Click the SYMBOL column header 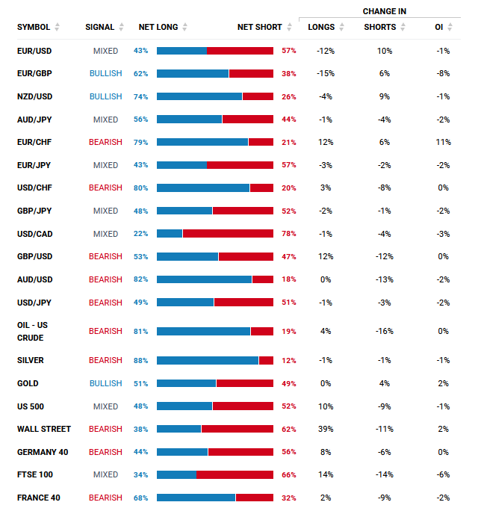tap(34, 27)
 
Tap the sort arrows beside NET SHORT tap(289, 27)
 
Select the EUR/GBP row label tap(34, 73)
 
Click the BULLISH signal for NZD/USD tap(105, 96)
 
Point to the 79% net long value tap(140, 142)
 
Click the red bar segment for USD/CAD tap(228, 233)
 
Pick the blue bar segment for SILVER tap(208, 361)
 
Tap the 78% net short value tap(288, 234)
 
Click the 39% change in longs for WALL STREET tap(326, 429)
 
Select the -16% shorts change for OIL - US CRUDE tap(385, 332)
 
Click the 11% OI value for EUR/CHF tap(444, 142)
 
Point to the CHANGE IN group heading tap(385, 11)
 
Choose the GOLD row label tap(28, 383)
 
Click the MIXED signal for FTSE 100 tap(105, 474)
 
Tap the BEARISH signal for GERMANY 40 tap(105, 452)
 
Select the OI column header tap(439, 27)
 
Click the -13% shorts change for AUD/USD tap(385, 279)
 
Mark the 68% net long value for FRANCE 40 tap(140, 498)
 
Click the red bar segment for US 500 tap(243, 406)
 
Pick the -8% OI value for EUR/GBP tap(444, 73)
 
